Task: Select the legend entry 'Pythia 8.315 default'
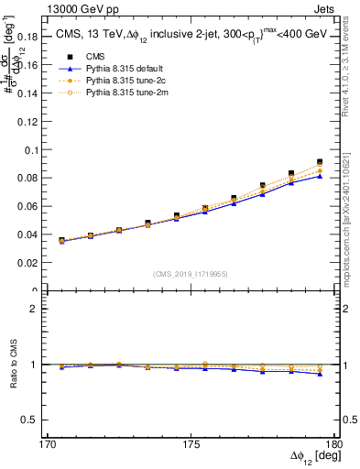(x=101, y=68)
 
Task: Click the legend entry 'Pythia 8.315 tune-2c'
(x=101, y=80)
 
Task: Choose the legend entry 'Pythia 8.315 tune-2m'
(x=101, y=92)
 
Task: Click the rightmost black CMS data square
(x=320, y=162)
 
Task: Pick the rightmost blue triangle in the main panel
(x=320, y=176)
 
